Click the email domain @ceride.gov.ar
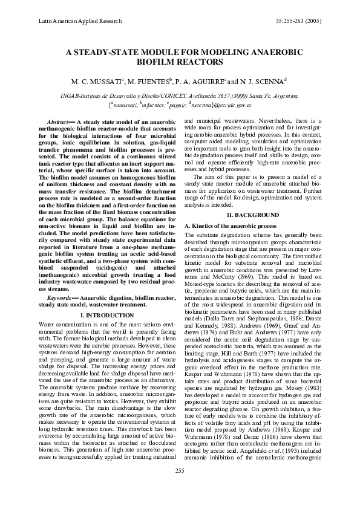[x=229, y=105]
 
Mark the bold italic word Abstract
[x=61, y=122]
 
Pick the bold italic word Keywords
[x=61, y=299]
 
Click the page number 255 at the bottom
[x=180, y=487]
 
